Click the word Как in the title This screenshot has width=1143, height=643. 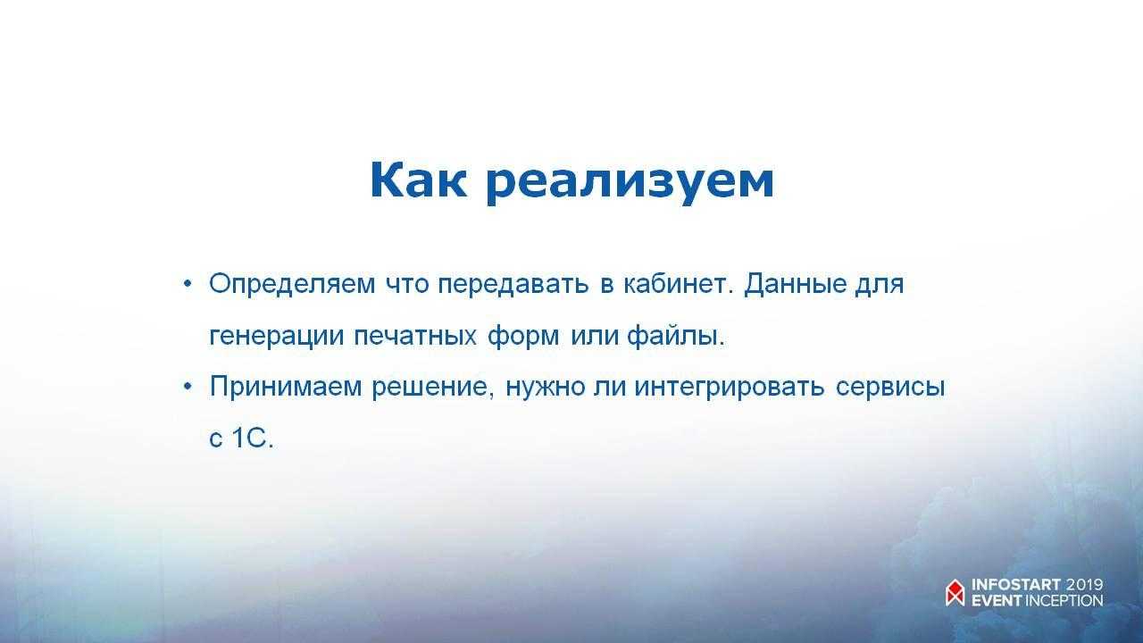pyautogui.click(x=418, y=180)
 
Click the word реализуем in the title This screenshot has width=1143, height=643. pyautogui.click(x=630, y=184)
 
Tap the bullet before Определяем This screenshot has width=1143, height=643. pyautogui.click(x=188, y=283)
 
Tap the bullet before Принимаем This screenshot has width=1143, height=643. pyautogui.click(x=188, y=387)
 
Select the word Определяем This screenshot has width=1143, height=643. pyautogui.click(x=292, y=285)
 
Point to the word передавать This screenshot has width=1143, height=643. pyautogui.click(x=513, y=285)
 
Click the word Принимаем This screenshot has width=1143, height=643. pyautogui.click(x=286, y=387)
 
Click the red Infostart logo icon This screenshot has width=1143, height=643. pyautogui.click(x=955, y=593)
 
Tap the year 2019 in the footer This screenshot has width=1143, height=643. pyautogui.click(x=1085, y=585)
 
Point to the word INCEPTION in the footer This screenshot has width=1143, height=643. pyautogui.click(x=1064, y=601)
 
